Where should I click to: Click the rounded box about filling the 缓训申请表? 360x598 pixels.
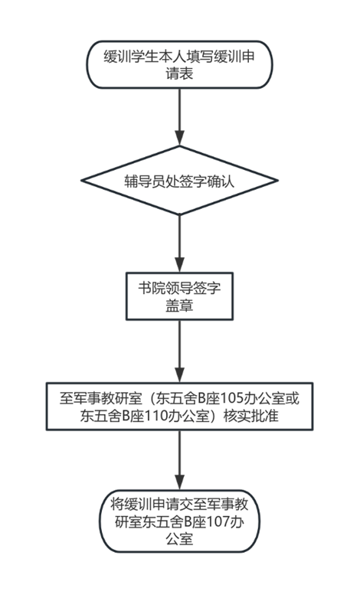pos(179,65)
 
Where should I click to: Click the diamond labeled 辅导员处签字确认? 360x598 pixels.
pos(179,181)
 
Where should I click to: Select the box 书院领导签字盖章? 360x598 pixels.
pos(179,296)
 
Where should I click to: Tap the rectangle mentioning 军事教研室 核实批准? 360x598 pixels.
pos(179,407)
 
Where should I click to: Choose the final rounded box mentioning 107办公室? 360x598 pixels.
pos(179,521)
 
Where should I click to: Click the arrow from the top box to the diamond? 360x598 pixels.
pos(179,117)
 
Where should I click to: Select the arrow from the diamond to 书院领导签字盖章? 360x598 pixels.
pos(179,243)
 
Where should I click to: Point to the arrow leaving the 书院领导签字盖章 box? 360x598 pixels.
pos(179,351)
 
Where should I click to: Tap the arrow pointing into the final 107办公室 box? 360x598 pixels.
pos(179,460)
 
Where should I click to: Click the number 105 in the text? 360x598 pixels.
pos(232,399)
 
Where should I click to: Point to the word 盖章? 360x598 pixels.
pos(179,306)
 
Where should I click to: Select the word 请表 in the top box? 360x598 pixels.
pos(179,74)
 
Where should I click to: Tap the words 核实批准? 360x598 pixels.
pos(251,416)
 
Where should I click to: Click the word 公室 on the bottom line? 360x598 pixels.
pos(179,539)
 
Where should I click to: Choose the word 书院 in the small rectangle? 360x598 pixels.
pos(152,289)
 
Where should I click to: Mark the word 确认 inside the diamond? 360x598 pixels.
pos(221,181)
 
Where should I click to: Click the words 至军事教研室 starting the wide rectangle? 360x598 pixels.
pos(100,399)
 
